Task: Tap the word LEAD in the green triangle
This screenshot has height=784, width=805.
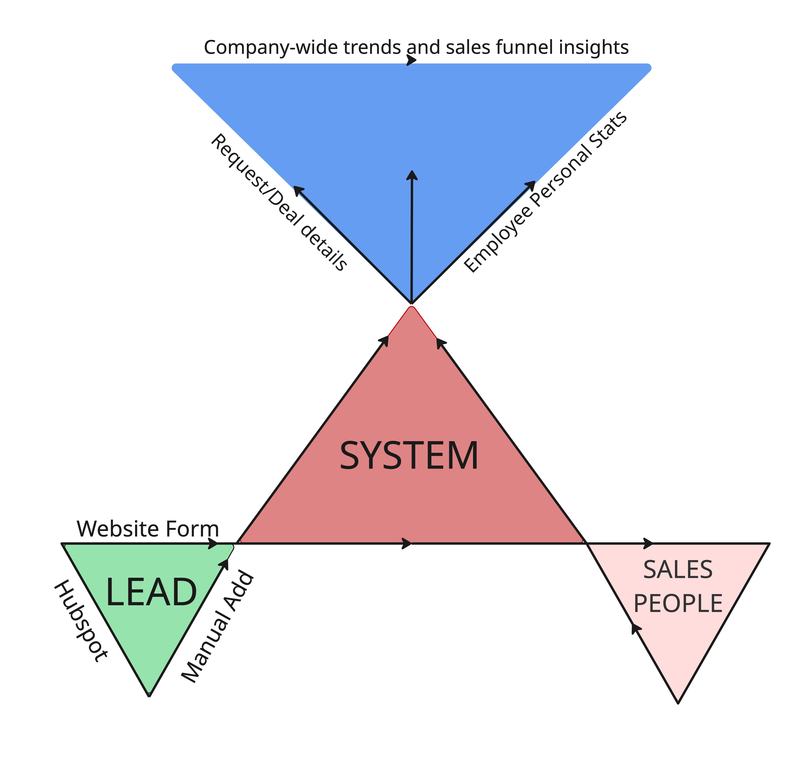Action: coord(151,592)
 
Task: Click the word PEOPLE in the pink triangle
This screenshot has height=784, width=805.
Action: coord(678,604)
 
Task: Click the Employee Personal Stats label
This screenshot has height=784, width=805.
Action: coord(546,192)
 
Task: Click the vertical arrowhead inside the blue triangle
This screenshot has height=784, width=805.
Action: coord(412,175)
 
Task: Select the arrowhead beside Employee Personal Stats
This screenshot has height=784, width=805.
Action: coord(531,185)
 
